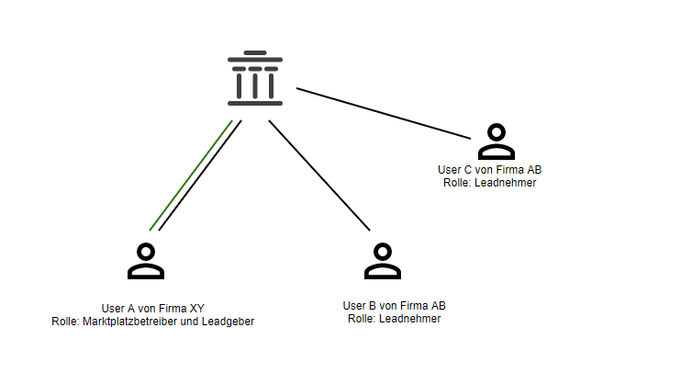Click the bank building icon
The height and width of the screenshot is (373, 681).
point(254,78)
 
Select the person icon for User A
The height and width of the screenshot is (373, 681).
point(145,261)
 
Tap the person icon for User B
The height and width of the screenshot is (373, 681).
point(383,261)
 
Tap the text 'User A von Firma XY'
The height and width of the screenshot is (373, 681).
point(153,308)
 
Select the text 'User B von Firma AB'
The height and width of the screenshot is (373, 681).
point(394,306)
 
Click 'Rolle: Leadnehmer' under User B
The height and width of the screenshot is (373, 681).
point(394,319)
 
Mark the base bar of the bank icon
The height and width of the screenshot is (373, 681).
point(254,102)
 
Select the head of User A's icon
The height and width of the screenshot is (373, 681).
point(145,251)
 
